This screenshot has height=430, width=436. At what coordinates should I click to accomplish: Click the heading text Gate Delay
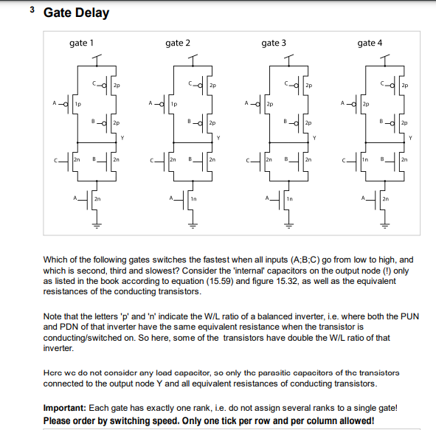pyautogui.click(x=76, y=13)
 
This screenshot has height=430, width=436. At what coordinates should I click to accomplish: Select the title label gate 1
pyautogui.click(x=81, y=43)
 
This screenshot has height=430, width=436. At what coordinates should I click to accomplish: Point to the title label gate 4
pyautogui.click(x=370, y=43)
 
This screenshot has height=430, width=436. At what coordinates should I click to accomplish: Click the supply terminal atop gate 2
pyautogui.click(x=193, y=58)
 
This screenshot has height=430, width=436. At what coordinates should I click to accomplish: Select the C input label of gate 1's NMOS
pyautogui.click(x=56, y=159)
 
